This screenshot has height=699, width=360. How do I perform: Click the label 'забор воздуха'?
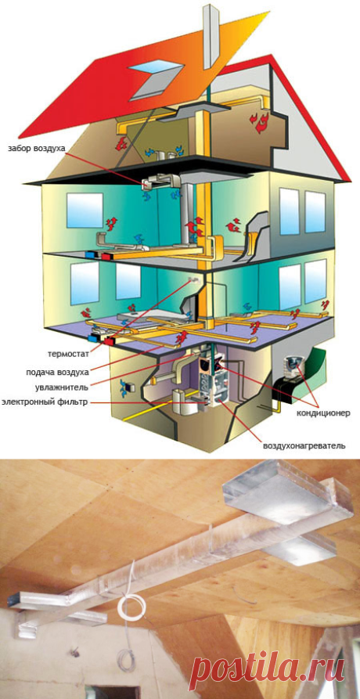36,148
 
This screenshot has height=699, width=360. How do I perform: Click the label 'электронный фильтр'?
45,402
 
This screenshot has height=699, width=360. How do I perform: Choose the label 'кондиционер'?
324,413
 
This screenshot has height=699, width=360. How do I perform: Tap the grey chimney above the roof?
211,36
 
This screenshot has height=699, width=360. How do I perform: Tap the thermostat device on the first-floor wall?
193,280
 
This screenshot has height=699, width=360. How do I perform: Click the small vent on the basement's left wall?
128,387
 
